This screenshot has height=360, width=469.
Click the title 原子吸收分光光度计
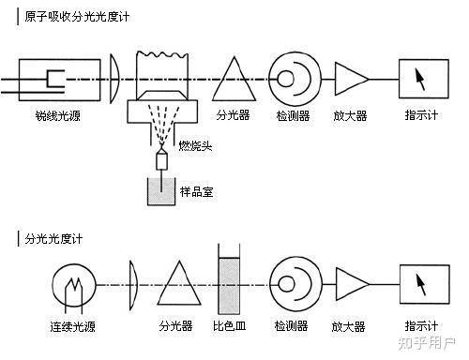click(x=77, y=17)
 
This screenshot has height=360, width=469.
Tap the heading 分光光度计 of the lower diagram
click(x=53, y=239)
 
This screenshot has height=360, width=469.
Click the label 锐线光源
click(x=58, y=115)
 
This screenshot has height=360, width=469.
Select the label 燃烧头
click(x=195, y=145)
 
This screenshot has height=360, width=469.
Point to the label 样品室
click(x=197, y=191)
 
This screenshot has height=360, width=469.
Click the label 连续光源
click(x=73, y=326)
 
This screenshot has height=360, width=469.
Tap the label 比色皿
click(x=229, y=326)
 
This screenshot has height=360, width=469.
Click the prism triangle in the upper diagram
click(x=234, y=79)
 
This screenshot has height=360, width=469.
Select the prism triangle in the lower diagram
click(x=179, y=283)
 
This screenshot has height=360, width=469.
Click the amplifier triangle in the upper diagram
click(x=352, y=79)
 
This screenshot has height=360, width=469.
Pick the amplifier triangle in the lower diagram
click(x=353, y=284)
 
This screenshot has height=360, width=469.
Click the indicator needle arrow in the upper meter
click(x=420, y=80)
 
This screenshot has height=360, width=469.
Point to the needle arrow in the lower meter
click(x=421, y=284)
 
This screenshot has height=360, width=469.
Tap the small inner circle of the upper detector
click(x=285, y=79)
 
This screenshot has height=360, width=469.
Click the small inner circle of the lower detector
click(x=286, y=284)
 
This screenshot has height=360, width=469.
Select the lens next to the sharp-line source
click(x=114, y=79)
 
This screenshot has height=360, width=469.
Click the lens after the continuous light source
click(x=133, y=285)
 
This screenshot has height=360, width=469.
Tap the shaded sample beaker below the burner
click(x=161, y=192)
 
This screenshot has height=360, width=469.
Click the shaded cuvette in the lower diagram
click(x=229, y=286)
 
